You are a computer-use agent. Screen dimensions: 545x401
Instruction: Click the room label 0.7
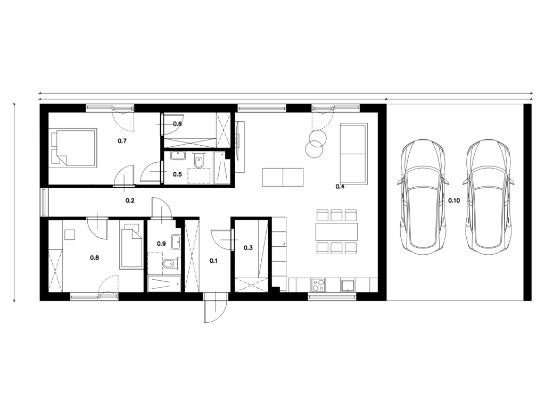click(122, 141)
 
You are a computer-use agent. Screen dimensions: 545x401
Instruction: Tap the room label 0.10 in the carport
click(454, 200)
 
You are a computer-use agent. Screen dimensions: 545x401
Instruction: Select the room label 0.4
click(340, 187)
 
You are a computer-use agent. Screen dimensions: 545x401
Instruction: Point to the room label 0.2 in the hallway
click(130, 200)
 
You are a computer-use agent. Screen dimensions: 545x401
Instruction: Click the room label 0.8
click(95, 257)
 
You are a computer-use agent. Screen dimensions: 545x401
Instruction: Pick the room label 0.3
click(248, 248)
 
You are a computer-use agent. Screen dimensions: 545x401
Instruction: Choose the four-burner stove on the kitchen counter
click(318, 286)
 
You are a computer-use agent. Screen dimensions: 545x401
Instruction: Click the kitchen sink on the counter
click(347, 286)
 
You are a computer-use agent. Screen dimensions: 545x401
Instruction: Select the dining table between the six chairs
click(337, 232)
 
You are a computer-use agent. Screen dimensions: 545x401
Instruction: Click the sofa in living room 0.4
click(354, 153)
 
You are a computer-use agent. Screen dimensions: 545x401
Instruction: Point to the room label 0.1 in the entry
click(213, 261)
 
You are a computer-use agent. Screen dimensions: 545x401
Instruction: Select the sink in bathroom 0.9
click(176, 242)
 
